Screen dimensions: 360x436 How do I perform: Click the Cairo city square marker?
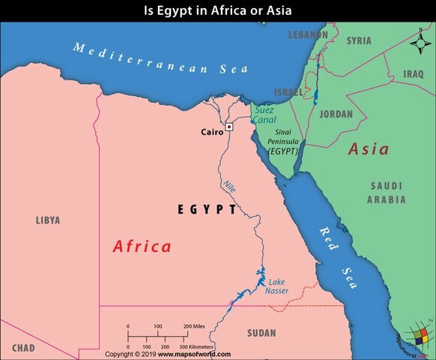[x=229, y=127]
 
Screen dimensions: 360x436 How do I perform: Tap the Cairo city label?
[x=212, y=132]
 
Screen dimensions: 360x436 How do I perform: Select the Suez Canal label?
[x=264, y=115]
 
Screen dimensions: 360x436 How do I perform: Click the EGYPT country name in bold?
[x=207, y=210]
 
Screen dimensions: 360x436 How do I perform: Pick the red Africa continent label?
[x=142, y=246]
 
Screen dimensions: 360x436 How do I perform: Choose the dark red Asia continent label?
[x=369, y=149]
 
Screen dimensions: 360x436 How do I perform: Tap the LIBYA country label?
[x=47, y=220]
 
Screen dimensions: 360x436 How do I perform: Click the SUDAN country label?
[x=261, y=332]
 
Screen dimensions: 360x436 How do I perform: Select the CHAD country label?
[x=23, y=349]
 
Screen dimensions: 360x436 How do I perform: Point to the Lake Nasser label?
[x=277, y=286]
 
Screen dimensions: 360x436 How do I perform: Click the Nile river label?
[x=228, y=186]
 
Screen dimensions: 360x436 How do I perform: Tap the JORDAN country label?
[x=336, y=115]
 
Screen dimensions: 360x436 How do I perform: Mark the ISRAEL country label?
[x=288, y=91]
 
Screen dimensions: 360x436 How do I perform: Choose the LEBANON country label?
[x=308, y=35]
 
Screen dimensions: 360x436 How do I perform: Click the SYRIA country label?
[x=359, y=40]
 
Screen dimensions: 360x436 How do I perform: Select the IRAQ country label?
[x=414, y=74]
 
